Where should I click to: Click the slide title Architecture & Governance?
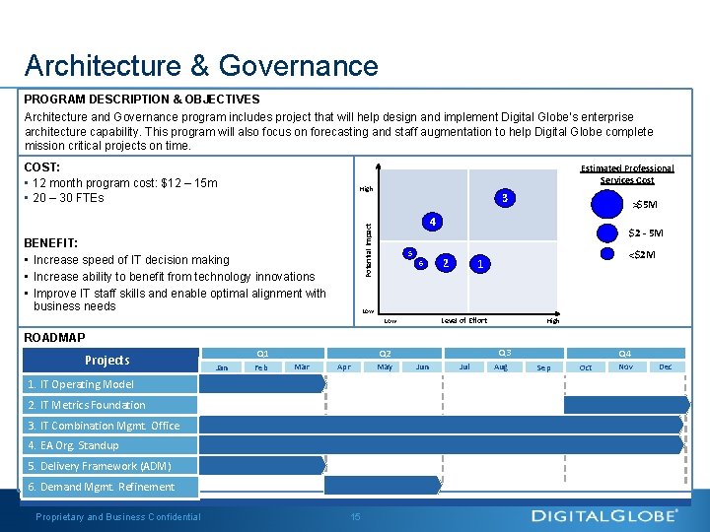tap(201, 65)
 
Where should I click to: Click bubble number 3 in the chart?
tap(504, 197)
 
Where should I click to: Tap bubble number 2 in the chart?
tap(446, 262)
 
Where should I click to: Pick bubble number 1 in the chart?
tap(479, 264)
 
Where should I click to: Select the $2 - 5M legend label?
tap(646, 233)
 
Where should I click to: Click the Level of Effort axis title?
tap(463, 320)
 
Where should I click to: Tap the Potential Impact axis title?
tap(368, 249)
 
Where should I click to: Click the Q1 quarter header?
tap(262, 353)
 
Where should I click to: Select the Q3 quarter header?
tap(504, 353)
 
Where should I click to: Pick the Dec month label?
tap(666, 366)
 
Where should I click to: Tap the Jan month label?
tap(222, 367)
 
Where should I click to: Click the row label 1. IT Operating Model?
tap(81, 384)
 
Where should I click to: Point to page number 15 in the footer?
tap(355, 516)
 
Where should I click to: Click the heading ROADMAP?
tap(55, 337)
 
